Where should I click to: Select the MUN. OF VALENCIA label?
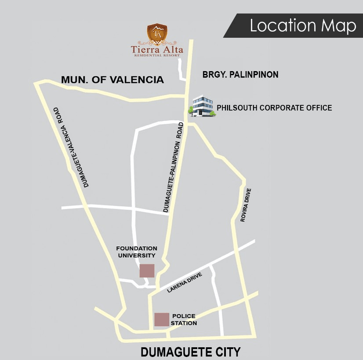tap(113, 79)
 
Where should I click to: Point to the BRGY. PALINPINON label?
tap(240, 75)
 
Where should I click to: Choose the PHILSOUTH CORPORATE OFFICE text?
tap(274, 108)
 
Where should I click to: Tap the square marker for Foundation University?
tap(147, 270)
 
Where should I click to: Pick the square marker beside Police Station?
tap(162, 319)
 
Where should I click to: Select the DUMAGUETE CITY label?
tap(190, 352)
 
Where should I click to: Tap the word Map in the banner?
tap(338, 26)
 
